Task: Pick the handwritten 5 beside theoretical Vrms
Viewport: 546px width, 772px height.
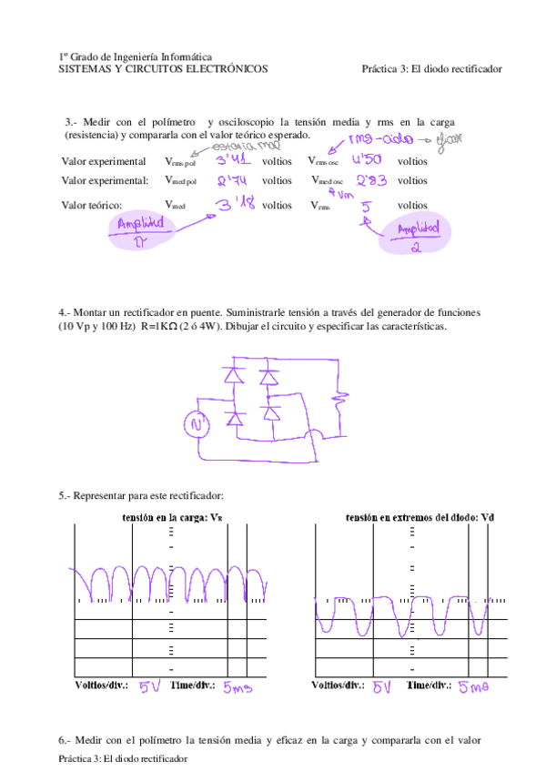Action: point(366,206)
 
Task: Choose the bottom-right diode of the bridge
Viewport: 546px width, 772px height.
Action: point(270,414)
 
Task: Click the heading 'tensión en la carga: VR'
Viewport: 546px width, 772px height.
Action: point(170,517)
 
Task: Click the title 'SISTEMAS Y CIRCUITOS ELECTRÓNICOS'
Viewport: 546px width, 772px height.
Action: point(163,68)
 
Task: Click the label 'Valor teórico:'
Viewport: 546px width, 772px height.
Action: point(92,206)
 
